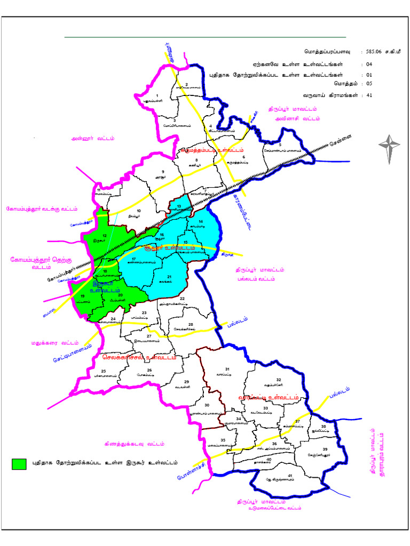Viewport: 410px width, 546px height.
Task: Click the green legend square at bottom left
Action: [19, 463]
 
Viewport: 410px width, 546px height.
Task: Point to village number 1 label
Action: [157, 95]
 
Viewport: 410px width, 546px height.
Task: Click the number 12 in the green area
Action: [105, 236]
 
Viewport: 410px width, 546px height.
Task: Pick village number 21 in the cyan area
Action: [169, 277]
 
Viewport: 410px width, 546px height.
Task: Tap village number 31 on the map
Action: [227, 369]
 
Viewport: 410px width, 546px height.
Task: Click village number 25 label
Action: [104, 371]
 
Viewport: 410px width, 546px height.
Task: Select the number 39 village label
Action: [325, 450]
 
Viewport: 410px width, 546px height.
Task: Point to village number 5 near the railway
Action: [280, 144]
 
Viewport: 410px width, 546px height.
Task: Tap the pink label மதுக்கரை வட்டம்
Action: [55, 342]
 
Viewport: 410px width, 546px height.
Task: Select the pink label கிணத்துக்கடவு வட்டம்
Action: [135, 444]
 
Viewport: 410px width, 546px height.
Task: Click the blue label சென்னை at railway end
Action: [339, 143]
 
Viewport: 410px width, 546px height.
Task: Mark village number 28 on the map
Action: [190, 324]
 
